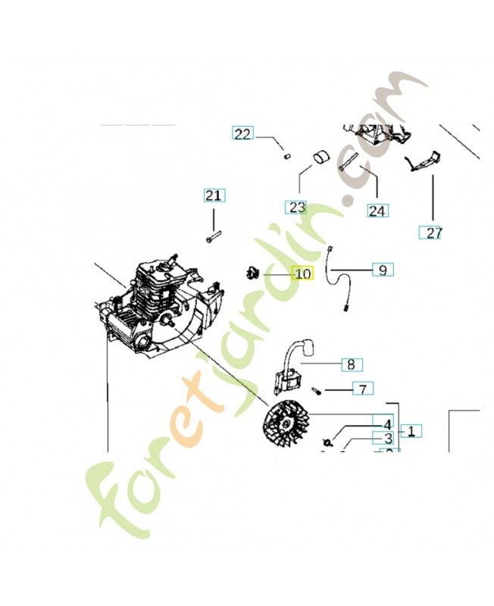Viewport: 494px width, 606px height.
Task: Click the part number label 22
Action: [x=242, y=134]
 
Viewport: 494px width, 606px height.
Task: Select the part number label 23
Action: [x=296, y=207]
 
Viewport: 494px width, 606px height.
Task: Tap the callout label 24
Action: [x=377, y=210]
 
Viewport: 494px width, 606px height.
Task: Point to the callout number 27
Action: [x=433, y=233]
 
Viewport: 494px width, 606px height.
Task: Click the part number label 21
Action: [x=214, y=195]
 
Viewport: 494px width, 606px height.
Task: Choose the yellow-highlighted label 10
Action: [x=302, y=273]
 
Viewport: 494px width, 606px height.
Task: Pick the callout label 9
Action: [x=383, y=269]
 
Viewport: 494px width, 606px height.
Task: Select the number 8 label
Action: [x=351, y=364]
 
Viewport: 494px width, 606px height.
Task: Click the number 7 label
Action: [x=363, y=389]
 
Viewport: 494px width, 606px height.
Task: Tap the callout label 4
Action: [x=387, y=425]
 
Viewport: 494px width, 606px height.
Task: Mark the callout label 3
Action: [x=387, y=438]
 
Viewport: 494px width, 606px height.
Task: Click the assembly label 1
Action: [x=411, y=431]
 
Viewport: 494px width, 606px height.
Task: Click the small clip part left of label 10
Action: [x=252, y=272]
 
